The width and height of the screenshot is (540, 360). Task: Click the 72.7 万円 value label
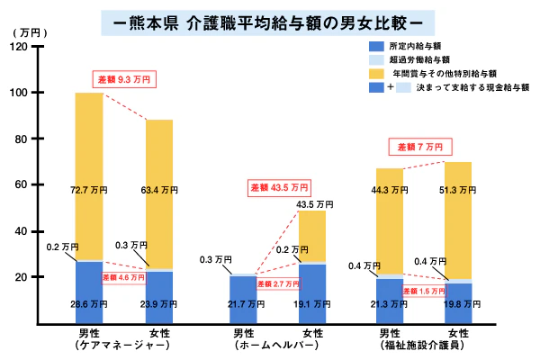[x=88, y=191]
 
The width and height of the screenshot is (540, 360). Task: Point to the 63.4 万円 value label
[x=158, y=191]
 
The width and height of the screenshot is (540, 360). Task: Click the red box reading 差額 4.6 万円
[x=122, y=278]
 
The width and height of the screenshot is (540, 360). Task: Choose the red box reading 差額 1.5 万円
[x=422, y=292]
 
